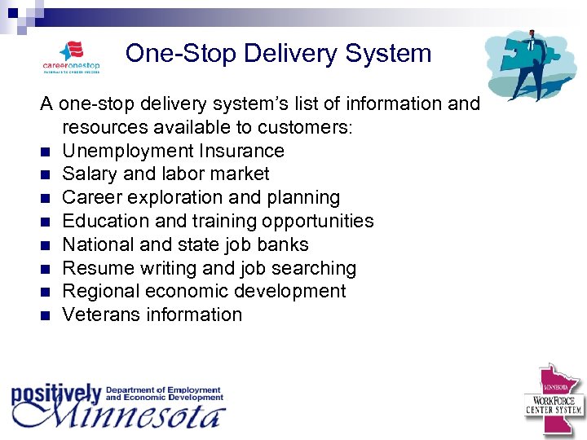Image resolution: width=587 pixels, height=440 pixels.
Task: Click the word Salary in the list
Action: tap(87, 174)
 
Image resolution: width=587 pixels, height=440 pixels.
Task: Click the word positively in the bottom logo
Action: tap(55, 394)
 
